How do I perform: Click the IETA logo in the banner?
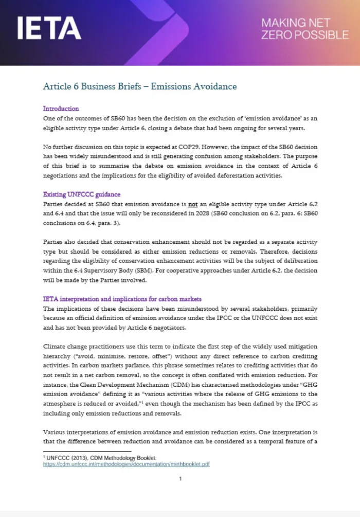tap(49, 28)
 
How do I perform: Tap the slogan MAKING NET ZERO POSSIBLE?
tap(304, 29)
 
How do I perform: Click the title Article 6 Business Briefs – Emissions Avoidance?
tap(140, 86)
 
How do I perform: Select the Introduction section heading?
tap(61, 109)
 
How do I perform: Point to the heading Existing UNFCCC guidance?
tap(81, 194)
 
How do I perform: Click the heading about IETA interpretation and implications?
tap(122, 299)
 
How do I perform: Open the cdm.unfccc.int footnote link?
tap(126, 463)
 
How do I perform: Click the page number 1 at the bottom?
tap(180, 479)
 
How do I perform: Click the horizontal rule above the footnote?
tap(87, 451)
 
